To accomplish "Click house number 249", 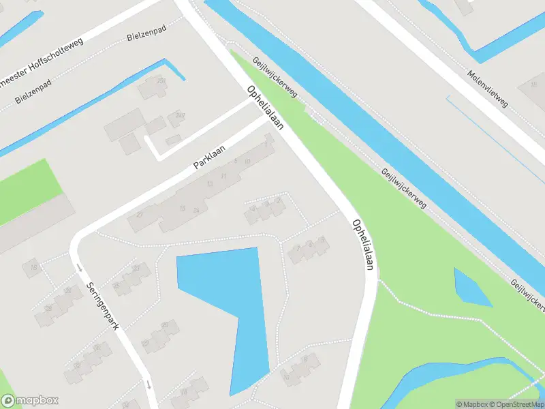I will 180,115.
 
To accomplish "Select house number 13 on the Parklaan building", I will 210,184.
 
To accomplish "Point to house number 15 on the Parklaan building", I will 182,208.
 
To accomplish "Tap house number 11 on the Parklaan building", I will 223,176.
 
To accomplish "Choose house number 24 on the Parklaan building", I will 196,209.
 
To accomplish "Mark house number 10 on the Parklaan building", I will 247,162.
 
